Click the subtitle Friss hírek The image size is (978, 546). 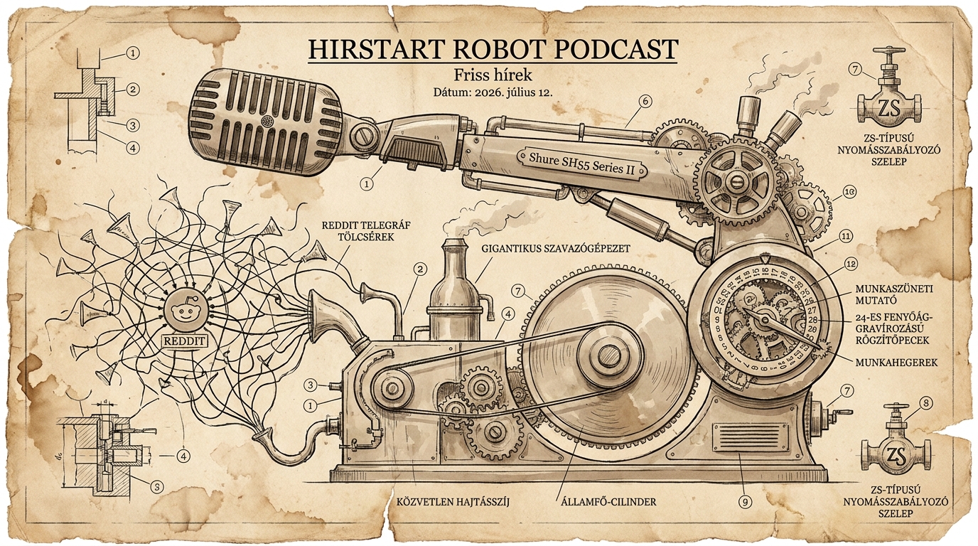(x=493, y=75)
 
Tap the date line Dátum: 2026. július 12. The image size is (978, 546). (x=493, y=93)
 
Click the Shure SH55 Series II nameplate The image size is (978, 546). (x=581, y=164)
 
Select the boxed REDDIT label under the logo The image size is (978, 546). (x=185, y=341)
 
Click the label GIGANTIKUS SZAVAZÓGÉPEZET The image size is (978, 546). (x=556, y=249)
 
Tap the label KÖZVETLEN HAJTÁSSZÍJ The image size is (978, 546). (x=453, y=502)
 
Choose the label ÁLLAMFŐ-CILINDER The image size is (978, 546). (x=608, y=502)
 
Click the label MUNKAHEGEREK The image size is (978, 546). (x=897, y=363)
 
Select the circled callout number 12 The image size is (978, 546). (x=851, y=264)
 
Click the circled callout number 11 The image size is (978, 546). (x=846, y=236)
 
